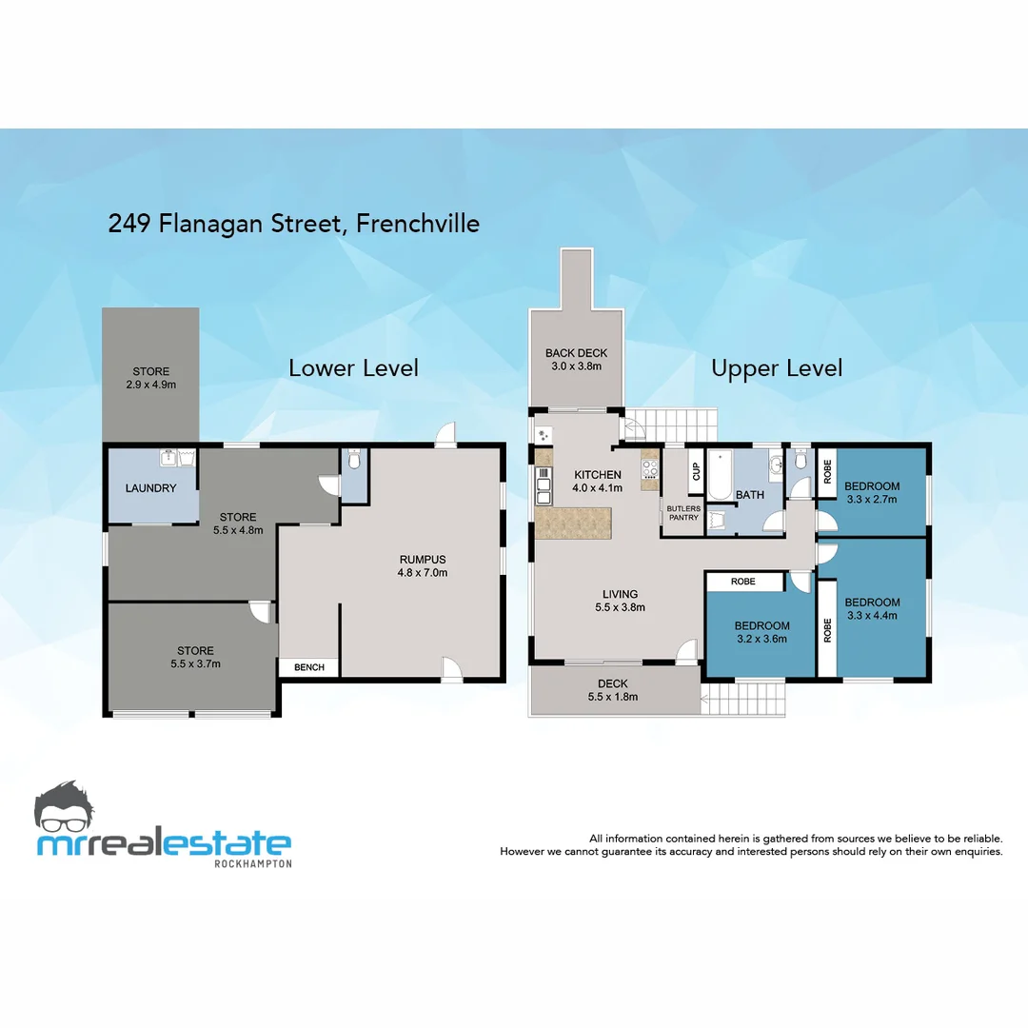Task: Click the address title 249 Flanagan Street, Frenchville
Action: (294, 224)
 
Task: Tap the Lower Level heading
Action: (353, 368)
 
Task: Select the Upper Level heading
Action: (777, 368)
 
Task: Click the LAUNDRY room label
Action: (151, 488)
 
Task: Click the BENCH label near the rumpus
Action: (308, 667)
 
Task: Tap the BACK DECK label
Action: (576, 353)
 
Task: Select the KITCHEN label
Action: (598, 475)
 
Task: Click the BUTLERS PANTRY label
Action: (683, 513)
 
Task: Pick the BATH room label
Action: (750, 495)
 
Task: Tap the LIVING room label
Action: (620, 595)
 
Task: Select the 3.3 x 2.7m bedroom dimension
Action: (872, 499)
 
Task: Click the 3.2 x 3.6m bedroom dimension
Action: (761, 639)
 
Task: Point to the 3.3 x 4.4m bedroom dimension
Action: (872, 615)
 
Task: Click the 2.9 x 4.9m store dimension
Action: (151, 385)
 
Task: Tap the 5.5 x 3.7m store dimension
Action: (194, 663)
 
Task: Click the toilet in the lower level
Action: (354, 461)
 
